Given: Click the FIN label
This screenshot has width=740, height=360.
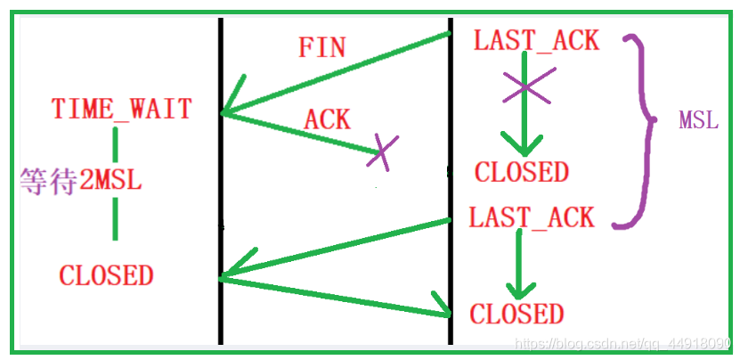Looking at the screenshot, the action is click(x=322, y=48).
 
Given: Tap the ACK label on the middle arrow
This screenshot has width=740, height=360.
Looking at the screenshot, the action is click(x=327, y=119).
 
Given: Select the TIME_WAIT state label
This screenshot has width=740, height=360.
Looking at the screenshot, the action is click(x=122, y=108).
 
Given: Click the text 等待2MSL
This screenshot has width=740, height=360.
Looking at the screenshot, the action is click(x=81, y=182).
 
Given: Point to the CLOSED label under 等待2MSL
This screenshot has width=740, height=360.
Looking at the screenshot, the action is click(x=106, y=275).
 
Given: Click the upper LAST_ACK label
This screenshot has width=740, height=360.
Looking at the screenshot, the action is click(x=536, y=41).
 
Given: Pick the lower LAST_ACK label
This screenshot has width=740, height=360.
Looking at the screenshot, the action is click(x=531, y=217).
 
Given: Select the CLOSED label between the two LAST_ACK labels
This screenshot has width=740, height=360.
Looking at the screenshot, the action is click(x=522, y=171).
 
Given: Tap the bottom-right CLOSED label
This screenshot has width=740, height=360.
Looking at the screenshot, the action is click(x=516, y=313).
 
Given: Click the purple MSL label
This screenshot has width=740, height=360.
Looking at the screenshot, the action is click(x=698, y=121).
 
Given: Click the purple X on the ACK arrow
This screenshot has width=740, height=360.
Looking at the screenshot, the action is click(x=382, y=152).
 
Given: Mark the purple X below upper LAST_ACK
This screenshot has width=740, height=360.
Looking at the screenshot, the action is click(x=525, y=87).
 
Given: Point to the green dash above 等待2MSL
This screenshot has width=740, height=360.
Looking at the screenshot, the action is click(x=115, y=144).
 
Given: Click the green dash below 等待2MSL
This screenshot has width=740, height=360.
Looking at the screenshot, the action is click(x=115, y=219).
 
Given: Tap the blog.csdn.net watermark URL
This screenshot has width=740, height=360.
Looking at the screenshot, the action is click(x=622, y=343).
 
